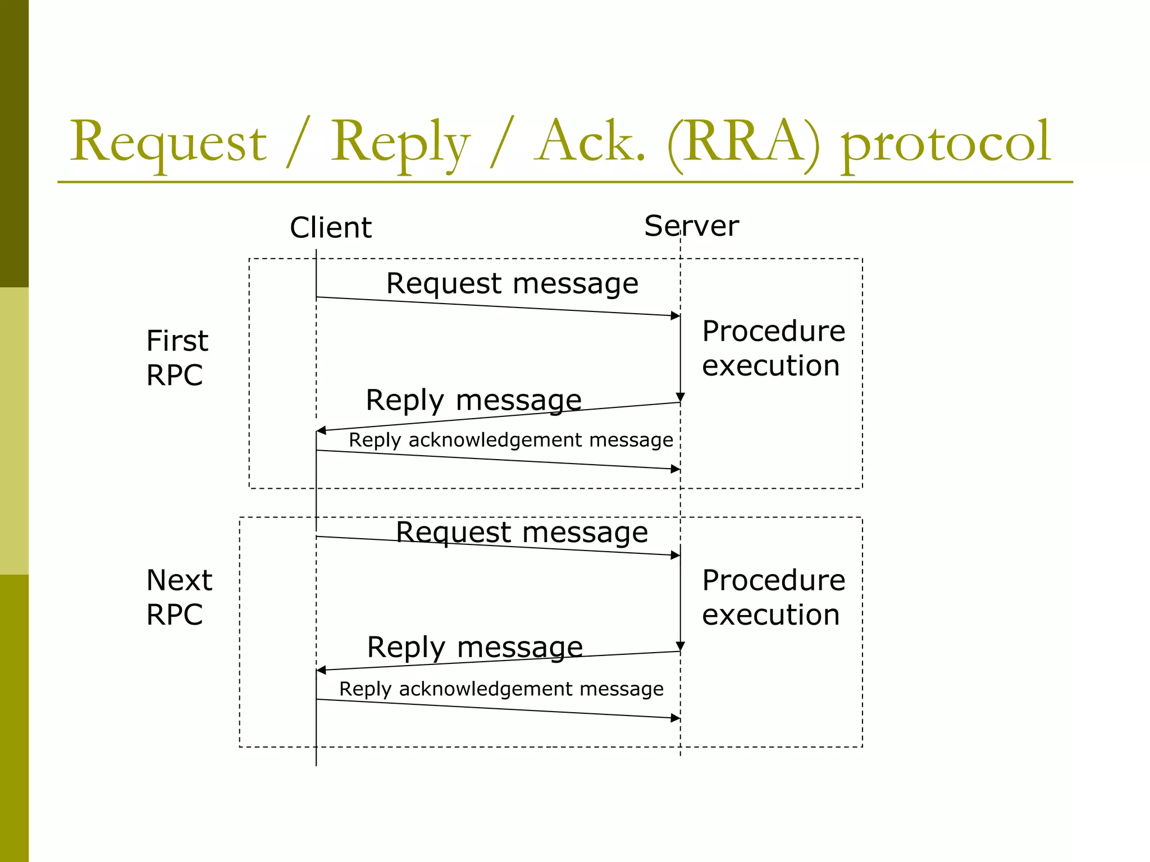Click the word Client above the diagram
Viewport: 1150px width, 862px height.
330,227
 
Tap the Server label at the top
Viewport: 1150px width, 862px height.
691,226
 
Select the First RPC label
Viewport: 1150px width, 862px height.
176,357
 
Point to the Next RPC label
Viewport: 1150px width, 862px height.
179,597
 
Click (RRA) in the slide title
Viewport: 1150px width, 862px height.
743,142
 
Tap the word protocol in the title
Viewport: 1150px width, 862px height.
945,143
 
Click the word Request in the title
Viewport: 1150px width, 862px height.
168,143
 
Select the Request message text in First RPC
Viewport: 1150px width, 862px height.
512,283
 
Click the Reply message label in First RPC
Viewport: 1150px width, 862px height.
473,400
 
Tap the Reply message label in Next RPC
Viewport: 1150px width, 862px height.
474,647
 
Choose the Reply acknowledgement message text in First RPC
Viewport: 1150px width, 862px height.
510,440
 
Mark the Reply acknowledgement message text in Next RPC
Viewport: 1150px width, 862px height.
501,689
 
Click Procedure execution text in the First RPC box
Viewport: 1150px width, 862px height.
773,348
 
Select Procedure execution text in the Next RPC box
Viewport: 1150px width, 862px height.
773,597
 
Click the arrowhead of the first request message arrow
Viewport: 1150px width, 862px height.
676,315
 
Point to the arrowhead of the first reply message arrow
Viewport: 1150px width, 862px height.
321,430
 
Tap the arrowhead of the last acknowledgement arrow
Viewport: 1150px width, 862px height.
676,718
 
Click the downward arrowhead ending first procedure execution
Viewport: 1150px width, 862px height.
680,397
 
